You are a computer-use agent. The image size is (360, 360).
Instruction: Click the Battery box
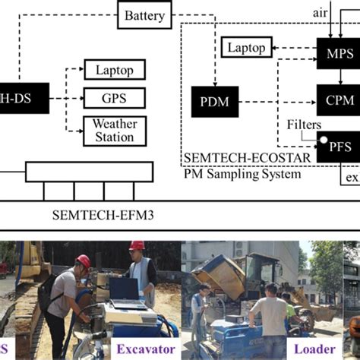144,15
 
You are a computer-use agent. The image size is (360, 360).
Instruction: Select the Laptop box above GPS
115,71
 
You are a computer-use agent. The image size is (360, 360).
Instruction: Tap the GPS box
115,99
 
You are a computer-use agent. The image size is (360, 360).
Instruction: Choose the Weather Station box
115,131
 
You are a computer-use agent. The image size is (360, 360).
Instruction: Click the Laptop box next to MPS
245,49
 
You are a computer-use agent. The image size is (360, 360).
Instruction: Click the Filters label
304,124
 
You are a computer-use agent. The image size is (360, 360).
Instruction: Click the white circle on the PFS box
324,141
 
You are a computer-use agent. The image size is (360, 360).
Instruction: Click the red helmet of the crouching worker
83,261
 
